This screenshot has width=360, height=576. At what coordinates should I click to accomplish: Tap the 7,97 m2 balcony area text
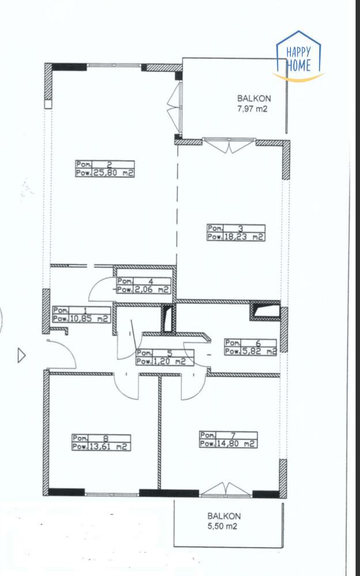pyautogui.click(x=254, y=108)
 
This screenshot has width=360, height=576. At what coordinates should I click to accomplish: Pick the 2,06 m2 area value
pyautogui.click(x=151, y=290)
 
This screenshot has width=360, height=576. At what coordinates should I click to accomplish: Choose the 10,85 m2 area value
pyautogui.click(x=89, y=318)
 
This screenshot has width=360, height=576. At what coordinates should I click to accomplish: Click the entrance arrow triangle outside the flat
pyautogui.click(x=22, y=356)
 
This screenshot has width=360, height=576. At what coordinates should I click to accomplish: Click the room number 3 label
pyautogui.click(x=241, y=228)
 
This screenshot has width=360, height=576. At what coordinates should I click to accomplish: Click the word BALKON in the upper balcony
pyautogui.click(x=254, y=98)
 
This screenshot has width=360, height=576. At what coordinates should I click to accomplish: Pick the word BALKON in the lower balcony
pyautogui.click(x=224, y=516)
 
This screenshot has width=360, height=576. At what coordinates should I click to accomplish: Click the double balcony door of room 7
pyautogui.click(x=226, y=490)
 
